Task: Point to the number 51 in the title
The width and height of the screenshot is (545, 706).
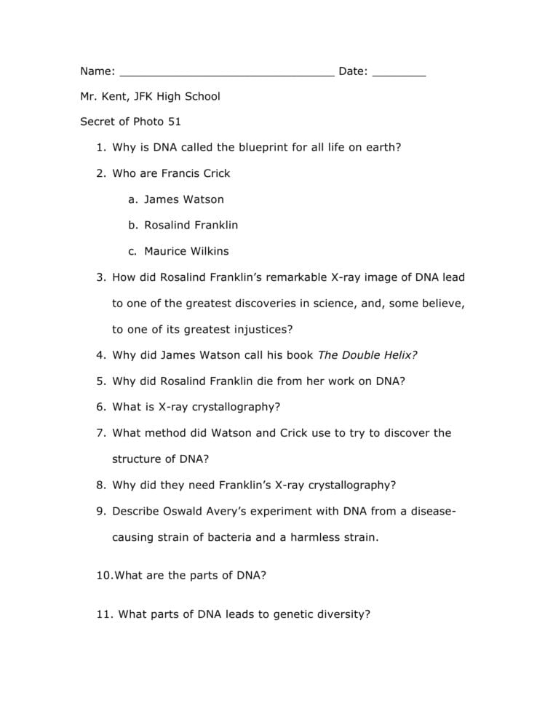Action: click(174, 122)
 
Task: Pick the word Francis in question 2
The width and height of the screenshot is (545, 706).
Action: click(170, 173)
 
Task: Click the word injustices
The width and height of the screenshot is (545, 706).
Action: click(263, 329)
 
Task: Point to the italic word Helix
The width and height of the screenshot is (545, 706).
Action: click(402, 355)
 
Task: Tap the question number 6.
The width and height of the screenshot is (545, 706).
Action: click(100, 407)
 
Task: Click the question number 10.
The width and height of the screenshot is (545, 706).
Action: click(104, 575)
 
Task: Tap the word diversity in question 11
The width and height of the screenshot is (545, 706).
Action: click(343, 614)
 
